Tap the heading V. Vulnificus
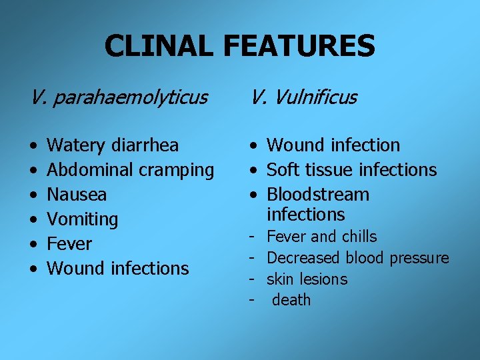(x=304, y=98)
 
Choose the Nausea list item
(x=77, y=195)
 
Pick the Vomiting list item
(x=83, y=219)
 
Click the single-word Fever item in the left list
(x=70, y=244)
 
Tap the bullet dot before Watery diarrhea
(x=33, y=146)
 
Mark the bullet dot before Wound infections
(x=33, y=269)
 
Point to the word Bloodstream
(x=318, y=195)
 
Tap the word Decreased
(x=303, y=258)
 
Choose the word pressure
(x=419, y=258)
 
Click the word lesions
(x=325, y=279)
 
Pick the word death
(x=291, y=300)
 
